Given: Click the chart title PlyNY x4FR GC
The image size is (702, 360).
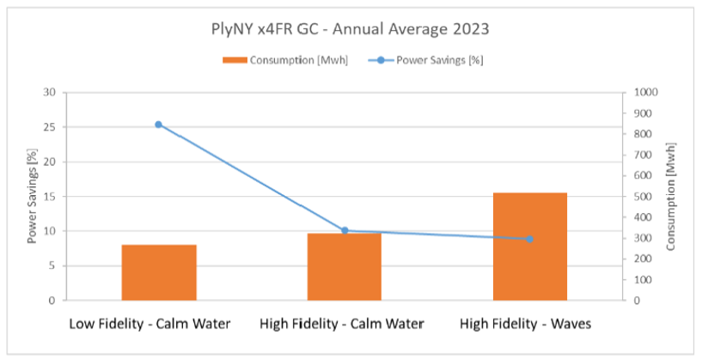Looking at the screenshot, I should tap(350, 28).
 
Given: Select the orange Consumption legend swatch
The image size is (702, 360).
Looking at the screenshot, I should tap(234, 60).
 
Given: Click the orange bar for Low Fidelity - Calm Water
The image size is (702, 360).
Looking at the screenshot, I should tap(159, 272).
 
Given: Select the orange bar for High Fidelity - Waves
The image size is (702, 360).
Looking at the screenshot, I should tap(530, 247).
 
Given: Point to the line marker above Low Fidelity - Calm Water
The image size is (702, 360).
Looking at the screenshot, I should tap(159, 125).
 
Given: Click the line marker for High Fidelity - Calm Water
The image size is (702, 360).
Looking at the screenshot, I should tap(345, 230).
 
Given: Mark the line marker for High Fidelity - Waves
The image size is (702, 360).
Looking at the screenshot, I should tap(530, 239).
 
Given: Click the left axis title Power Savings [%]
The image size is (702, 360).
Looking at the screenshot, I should tap(32, 196).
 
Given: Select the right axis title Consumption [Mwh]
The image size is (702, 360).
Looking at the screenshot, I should tap(671, 196).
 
